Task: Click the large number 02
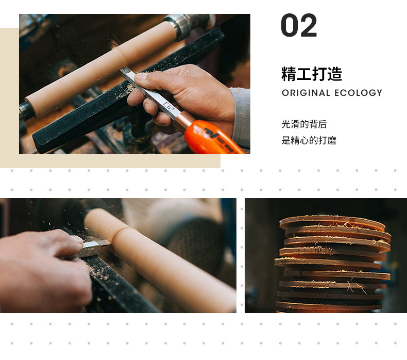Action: [x=299, y=26]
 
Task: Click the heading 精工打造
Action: [x=312, y=74]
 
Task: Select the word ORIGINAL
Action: [x=306, y=93]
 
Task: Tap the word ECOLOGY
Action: [x=358, y=93]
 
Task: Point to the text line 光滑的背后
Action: [x=304, y=124]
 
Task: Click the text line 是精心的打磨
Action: [x=309, y=140]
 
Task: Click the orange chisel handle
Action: [x=214, y=138]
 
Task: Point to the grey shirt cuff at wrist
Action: [x=241, y=116]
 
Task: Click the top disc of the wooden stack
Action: [x=332, y=222]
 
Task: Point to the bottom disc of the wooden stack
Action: [x=330, y=306]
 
